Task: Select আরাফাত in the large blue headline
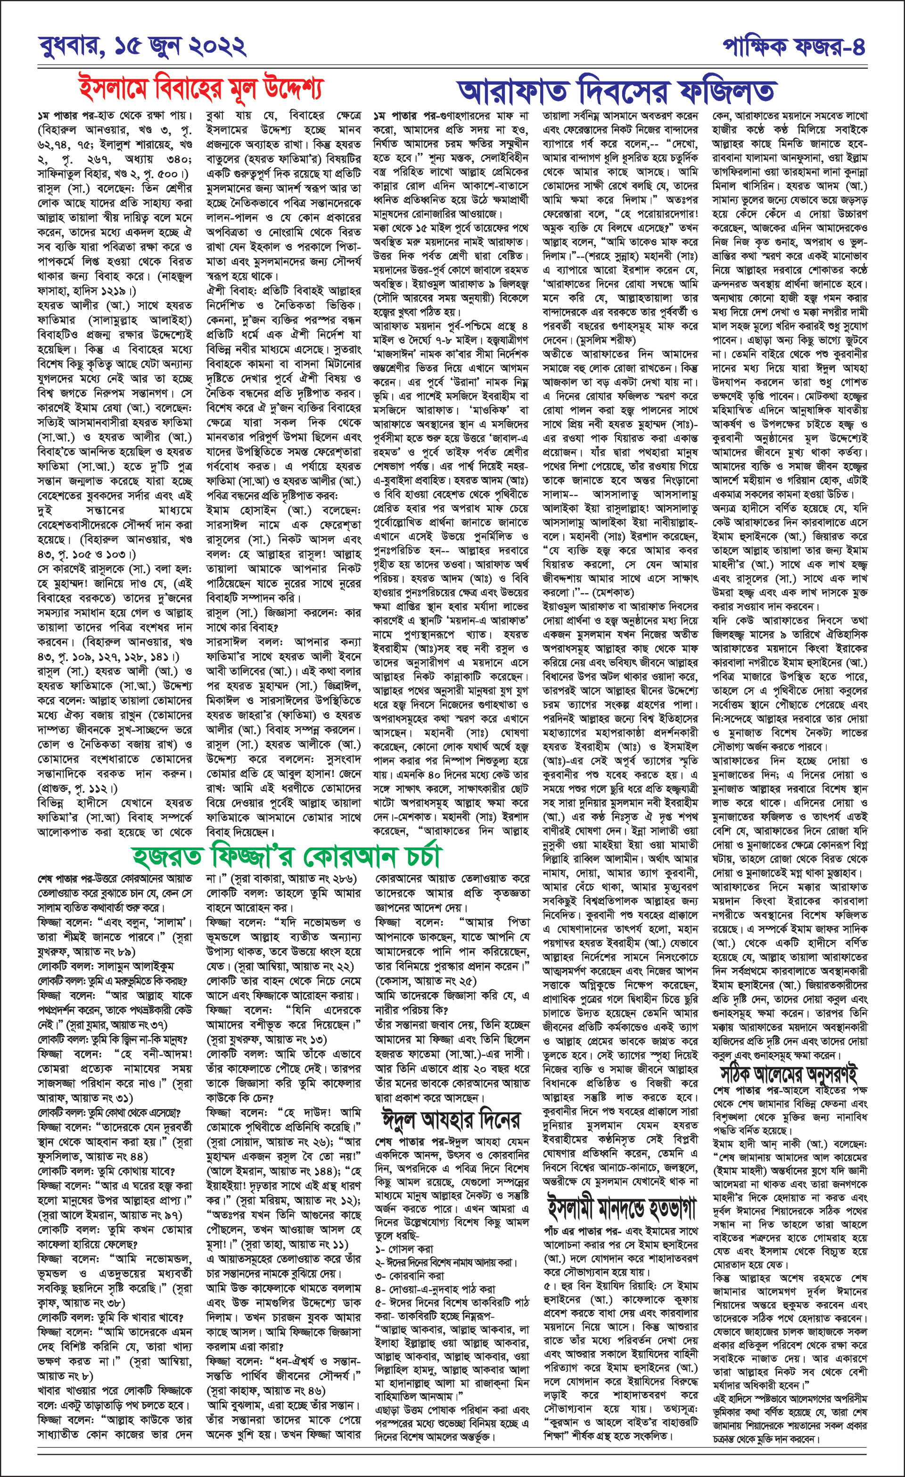(512, 91)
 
